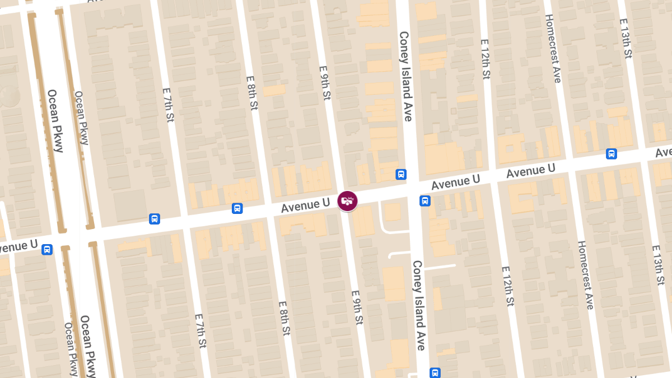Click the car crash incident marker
click(347, 201)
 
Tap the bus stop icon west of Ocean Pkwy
click(47, 249)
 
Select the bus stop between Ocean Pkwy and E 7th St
click(155, 218)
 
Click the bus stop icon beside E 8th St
click(237, 208)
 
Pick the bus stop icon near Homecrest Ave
click(612, 153)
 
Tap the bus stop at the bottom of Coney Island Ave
click(435, 372)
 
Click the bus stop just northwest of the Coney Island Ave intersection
click(401, 174)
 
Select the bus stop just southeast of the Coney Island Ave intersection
click(425, 200)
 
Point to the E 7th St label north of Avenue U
click(168, 105)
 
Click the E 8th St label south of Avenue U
click(284, 319)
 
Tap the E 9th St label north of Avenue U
click(325, 83)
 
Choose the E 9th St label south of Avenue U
click(357, 307)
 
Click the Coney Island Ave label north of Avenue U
click(405, 76)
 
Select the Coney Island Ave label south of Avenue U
click(419, 305)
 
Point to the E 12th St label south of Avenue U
click(507, 286)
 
